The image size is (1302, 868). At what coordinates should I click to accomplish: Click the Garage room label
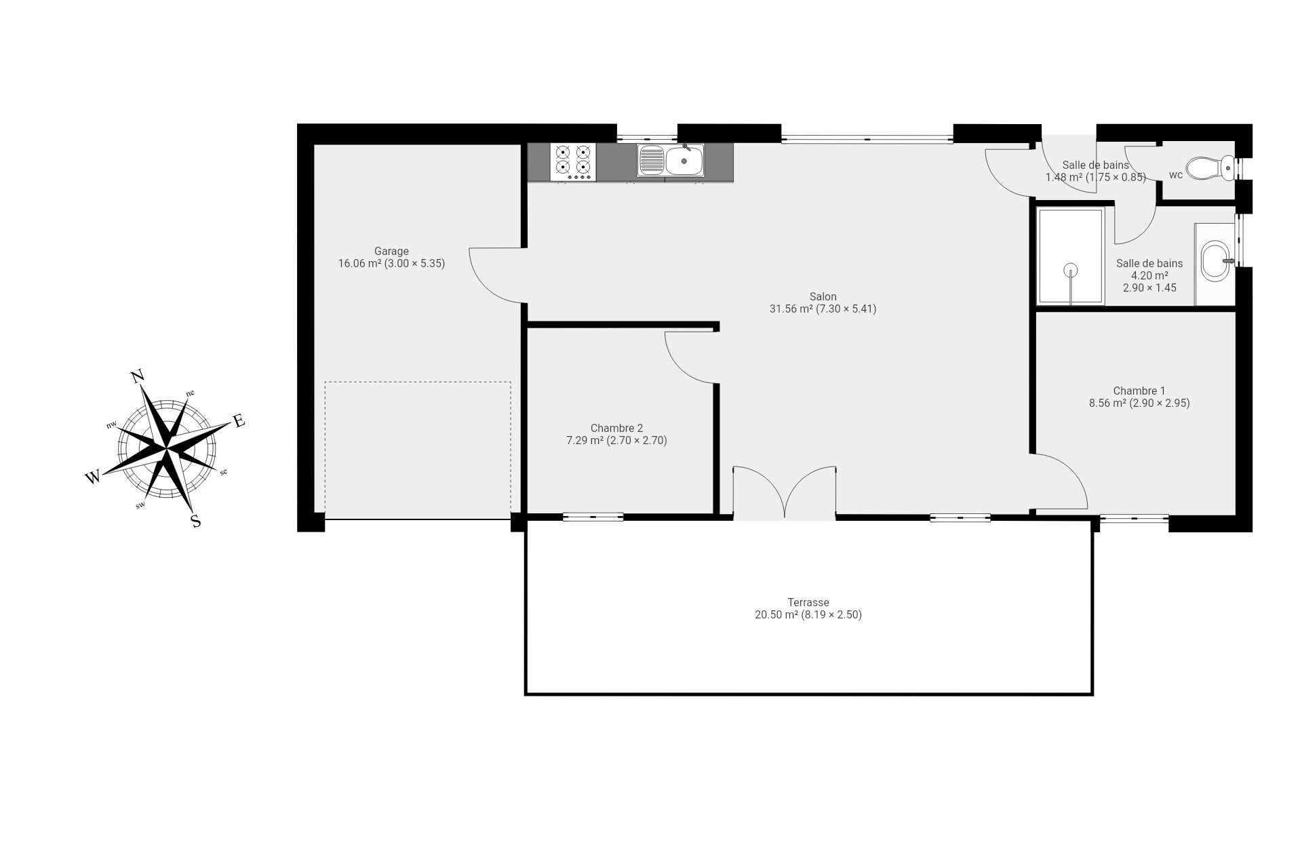coord(391,252)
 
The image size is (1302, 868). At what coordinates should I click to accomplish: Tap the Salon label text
coord(823,296)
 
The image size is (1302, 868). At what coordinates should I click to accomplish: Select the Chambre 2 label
coord(616,428)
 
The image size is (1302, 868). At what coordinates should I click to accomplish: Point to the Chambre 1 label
coord(1139,391)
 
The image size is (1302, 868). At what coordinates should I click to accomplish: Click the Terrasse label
coord(808,602)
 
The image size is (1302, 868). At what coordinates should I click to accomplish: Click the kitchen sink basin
coord(684,161)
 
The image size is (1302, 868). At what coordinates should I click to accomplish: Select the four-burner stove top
coord(573,162)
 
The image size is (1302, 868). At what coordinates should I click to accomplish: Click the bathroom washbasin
coord(1216,261)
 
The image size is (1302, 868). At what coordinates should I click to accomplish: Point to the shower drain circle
coord(1071,271)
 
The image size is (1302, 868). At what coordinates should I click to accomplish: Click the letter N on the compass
coord(137,377)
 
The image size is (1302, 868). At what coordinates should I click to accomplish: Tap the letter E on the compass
coord(239,421)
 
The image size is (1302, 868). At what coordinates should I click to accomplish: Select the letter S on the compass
coord(196,521)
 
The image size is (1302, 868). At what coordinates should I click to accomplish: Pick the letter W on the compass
coord(93,477)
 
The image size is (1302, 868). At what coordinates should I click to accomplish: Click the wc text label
coord(1176,175)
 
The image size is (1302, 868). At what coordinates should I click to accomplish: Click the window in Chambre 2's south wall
coord(593,517)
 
